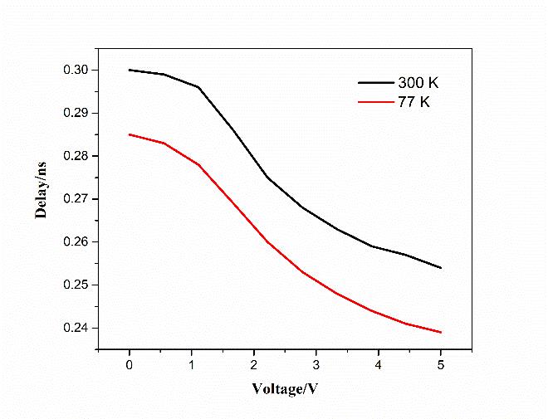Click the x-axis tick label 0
[x=130, y=366]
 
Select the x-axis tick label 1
[x=192, y=366]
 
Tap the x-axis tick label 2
[x=254, y=366]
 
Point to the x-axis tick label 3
[x=316, y=366]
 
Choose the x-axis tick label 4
[x=379, y=366]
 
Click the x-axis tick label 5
[x=441, y=366]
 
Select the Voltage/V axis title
[x=286, y=388]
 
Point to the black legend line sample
[x=374, y=82]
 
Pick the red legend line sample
[x=374, y=102]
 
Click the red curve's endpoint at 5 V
[x=441, y=332]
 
